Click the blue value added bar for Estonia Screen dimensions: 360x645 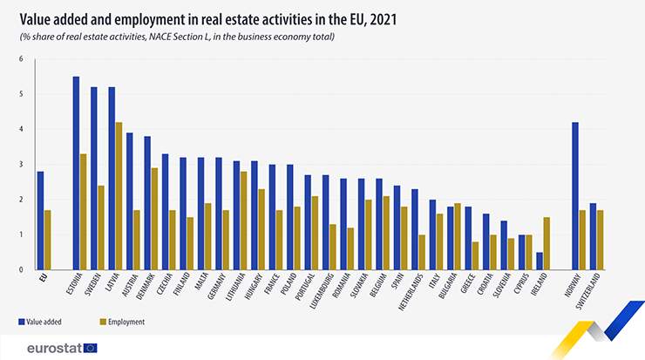[x=76, y=173]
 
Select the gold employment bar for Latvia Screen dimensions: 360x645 [x=119, y=196]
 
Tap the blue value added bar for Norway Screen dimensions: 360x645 [x=574, y=196]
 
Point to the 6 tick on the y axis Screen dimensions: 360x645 [x=21, y=58]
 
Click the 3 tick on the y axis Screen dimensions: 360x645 [x=21, y=164]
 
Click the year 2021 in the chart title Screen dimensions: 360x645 [x=379, y=17]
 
